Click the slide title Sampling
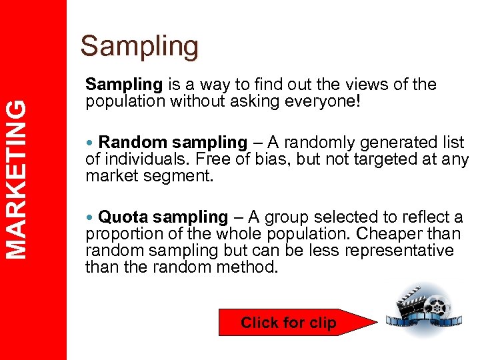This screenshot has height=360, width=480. [x=139, y=47]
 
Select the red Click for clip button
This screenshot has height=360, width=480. [x=289, y=323]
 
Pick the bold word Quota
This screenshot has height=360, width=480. [x=123, y=217]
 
